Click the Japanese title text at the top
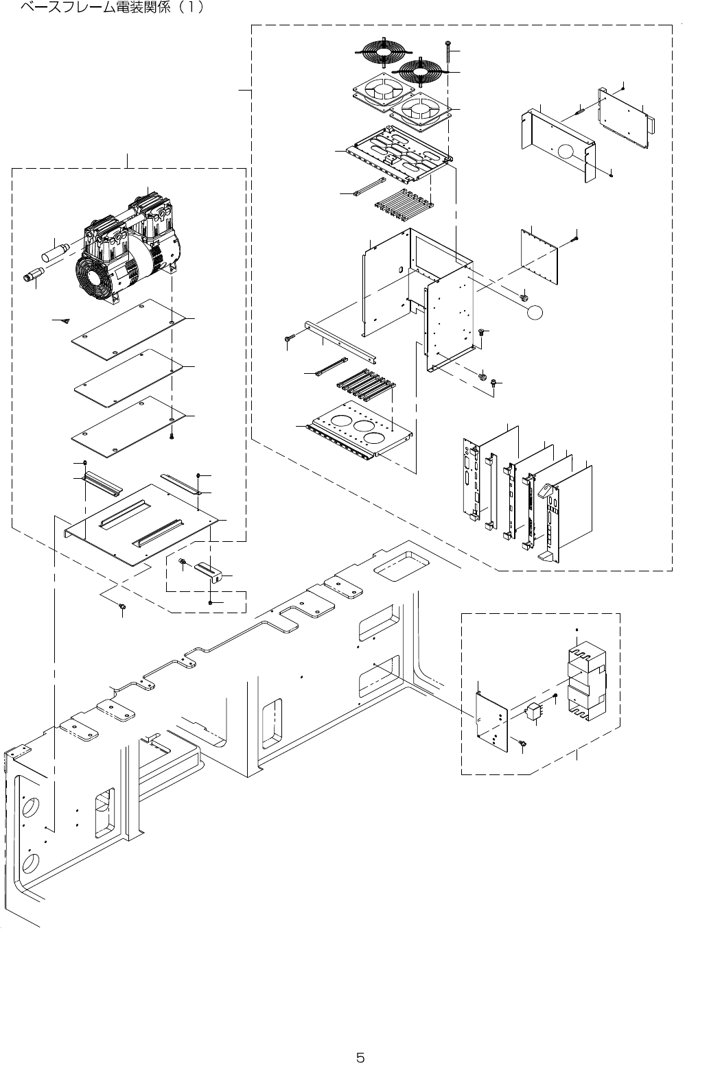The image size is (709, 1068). pyautogui.click(x=113, y=10)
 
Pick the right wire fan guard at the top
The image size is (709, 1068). pyautogui.click(x=420, y=69)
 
